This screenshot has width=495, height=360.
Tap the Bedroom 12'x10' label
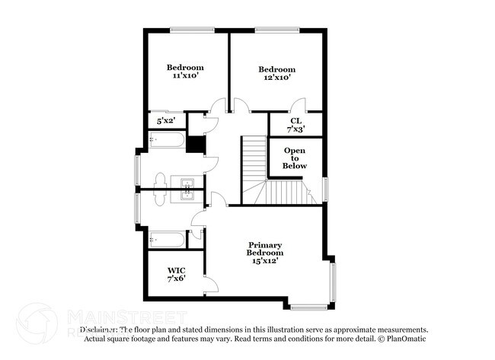tap(276, 73)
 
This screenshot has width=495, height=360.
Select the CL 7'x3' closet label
tap(295, 124)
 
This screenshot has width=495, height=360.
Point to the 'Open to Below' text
tap(295, 158)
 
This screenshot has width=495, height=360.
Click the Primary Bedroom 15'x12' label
tap(266, 253)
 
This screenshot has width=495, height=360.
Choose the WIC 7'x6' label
tap(177, 274)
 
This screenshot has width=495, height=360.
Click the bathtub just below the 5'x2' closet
tap(165, 141)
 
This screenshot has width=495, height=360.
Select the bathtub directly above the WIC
tap(166, 241)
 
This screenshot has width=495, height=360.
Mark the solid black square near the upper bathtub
tap(196, 145)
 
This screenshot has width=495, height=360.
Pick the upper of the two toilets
tap(161, 178)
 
